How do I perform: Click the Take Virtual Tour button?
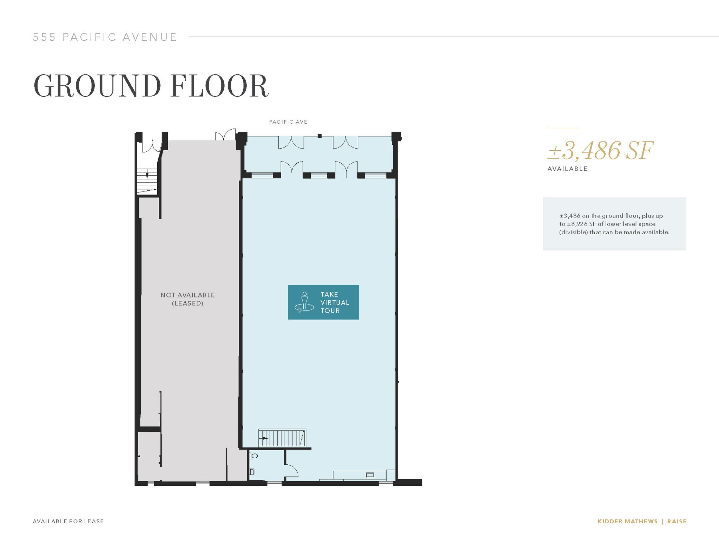tap(323, 302)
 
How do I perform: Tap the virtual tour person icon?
tap(304, 302)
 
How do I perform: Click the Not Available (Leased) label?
tap(187, 299)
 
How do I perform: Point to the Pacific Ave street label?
tap(288, 122)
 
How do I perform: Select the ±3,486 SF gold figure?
tap(600, 151)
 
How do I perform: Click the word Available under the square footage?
tap(567, 169)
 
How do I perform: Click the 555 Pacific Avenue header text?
tap(105, 37)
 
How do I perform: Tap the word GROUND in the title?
tap(97, 86)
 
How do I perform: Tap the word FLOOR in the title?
tap(219, 86)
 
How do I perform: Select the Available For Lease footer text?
tap(68, 521)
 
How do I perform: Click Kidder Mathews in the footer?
tap(627, 521)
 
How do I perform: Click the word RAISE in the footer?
tap(677, 521)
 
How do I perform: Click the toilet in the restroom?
tap(254, 456)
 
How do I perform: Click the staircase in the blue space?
tap(282, 438)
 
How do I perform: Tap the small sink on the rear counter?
tap(370, 475)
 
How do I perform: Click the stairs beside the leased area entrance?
tap(147, 181)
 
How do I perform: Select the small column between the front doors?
tap(319, 136)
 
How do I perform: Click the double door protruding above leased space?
tap(225, 135)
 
